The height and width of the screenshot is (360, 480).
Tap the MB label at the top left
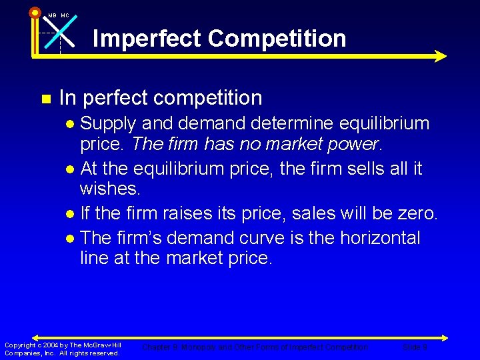(52, 15)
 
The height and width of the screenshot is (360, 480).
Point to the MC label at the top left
(65, 15)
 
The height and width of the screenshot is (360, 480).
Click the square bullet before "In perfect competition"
(45, 99)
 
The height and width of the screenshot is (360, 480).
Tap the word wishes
(109, 188)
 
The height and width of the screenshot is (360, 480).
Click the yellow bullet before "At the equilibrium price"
(71, 169)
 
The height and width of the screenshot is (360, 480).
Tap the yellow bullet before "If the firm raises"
(71, 215)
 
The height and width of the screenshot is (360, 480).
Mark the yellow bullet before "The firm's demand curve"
(71, 239)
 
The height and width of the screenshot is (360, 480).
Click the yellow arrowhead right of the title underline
(440, 56)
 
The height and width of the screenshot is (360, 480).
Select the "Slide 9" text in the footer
(415, 347)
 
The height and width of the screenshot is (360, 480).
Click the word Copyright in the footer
(19, 345)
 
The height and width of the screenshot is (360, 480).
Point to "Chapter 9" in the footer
(158, 347)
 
